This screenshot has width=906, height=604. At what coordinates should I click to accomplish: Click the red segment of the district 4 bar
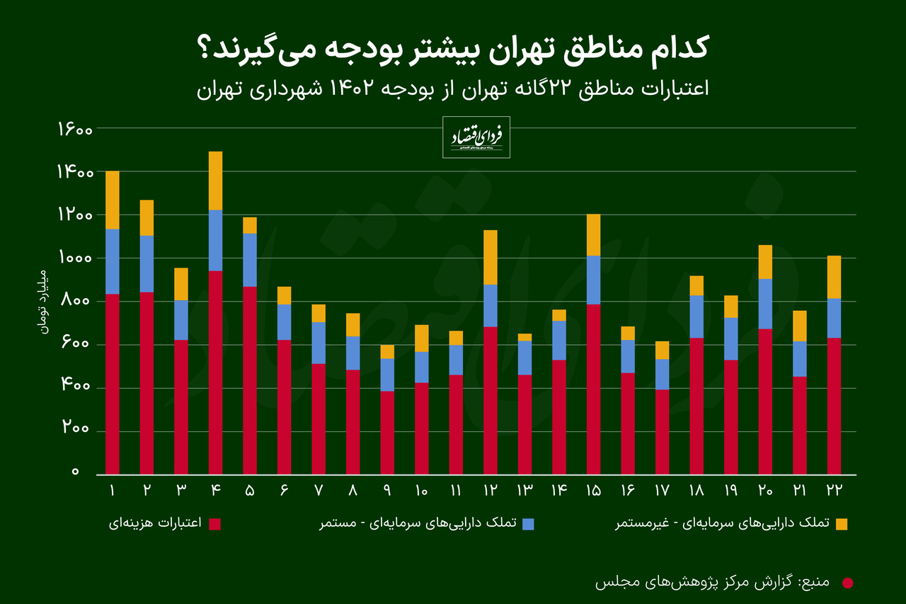tap(215, 372)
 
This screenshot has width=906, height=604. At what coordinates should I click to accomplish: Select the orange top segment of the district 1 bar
tap(112, 200)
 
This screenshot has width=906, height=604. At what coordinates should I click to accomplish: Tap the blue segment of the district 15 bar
tap(593, 280)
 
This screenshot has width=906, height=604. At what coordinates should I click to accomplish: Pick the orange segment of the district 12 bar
tap(490, 257)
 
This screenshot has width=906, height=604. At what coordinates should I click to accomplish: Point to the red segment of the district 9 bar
tap(387, 432)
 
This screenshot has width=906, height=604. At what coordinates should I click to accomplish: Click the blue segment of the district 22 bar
tap(834, 318)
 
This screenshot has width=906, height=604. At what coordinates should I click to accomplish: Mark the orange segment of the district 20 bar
tap(765, 261)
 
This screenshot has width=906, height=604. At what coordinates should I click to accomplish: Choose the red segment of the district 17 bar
tap(662, 431)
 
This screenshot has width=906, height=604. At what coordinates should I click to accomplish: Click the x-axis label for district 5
tap(250, 490)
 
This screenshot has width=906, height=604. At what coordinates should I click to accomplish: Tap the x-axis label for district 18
tap(696, 490)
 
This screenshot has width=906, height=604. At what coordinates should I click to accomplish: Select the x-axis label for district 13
tap(524, 490)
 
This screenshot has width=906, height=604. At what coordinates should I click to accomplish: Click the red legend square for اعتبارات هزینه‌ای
tap(215, 524)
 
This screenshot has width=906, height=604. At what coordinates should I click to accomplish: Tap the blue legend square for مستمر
tap(527, 524)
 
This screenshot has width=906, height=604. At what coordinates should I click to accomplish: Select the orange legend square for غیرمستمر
tap(841, 524)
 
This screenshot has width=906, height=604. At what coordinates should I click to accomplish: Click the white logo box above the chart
tap(476, 137)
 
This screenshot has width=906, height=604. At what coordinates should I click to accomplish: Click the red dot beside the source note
tap(847, 583)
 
